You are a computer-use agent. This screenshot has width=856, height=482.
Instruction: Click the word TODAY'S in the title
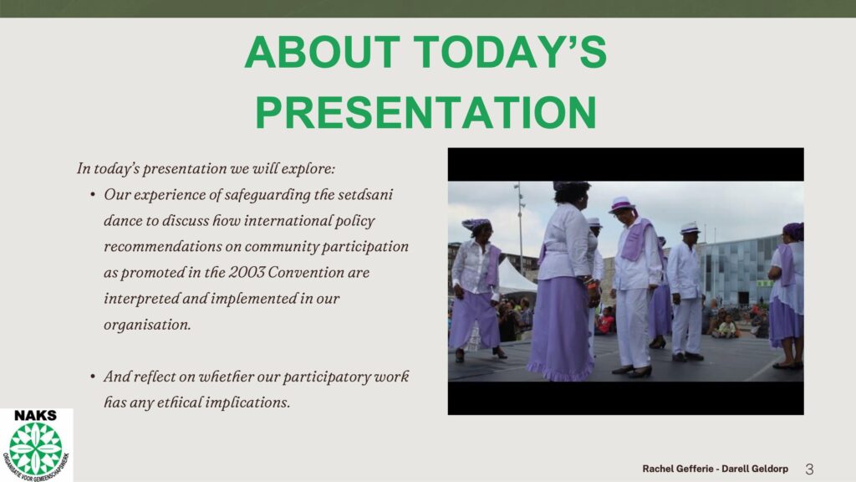(511, 53)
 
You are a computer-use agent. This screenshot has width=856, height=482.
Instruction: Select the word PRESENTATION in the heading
(425, 113)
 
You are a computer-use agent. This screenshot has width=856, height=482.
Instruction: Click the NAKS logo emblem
(36, 449)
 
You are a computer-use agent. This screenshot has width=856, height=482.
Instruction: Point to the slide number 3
(809, 469)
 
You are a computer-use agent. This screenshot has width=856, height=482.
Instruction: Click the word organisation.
(147, 326)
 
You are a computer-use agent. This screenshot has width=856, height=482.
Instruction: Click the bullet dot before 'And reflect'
(93, 377)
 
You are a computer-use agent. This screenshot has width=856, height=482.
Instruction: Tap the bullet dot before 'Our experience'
(93, 194)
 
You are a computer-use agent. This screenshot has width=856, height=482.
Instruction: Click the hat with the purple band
(621, 204)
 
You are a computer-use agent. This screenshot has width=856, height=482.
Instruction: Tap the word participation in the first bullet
(364, 247)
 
